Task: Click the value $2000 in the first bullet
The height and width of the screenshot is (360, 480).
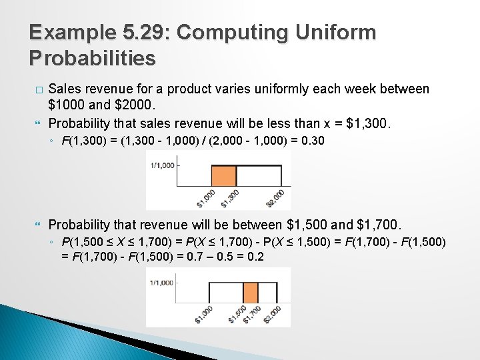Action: click(x=137, y=105)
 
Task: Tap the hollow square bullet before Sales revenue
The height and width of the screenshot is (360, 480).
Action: click(x=38, y=89)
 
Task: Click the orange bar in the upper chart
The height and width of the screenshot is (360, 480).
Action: click(x=223, y=175)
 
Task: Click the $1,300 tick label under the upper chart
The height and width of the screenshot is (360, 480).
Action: click(x=231, y=197)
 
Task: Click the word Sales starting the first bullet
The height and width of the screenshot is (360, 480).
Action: click(x=65, y=89)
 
